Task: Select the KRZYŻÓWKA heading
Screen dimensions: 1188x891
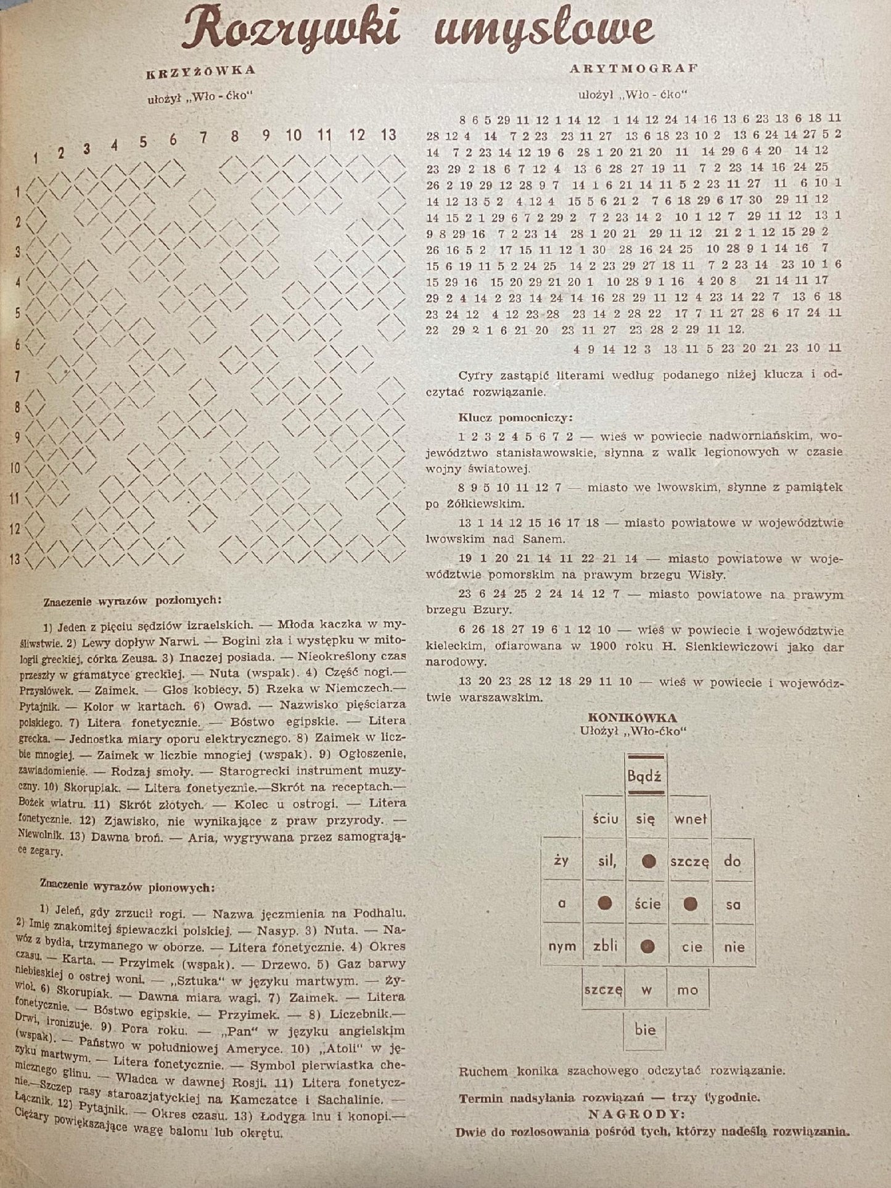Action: coord(200,70)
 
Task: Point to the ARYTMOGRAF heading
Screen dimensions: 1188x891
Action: coord(634,68)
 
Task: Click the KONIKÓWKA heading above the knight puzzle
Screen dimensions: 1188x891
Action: coord(632,717)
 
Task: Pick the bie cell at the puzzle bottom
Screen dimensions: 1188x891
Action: coord(645,1029)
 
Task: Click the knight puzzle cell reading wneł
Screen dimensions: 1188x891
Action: coord(690,819)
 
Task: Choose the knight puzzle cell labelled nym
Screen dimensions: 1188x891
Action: coord(561,946)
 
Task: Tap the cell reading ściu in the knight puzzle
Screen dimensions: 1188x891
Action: coord(604,819)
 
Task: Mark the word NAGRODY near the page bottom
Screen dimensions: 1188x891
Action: coord(635,1115)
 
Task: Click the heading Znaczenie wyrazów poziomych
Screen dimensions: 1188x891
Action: coord(132,599)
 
